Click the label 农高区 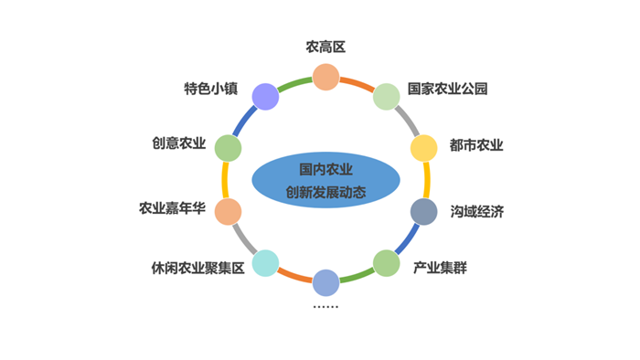coord(325,47)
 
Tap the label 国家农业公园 coord(448,89)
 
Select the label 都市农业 coord(476,145)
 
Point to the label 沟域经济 coord(476,212)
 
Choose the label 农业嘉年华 coord(172,209)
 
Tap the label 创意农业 coord(179,144)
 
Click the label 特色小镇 coord(211,89)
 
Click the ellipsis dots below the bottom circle coord(325,307)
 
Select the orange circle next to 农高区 coord(325,77)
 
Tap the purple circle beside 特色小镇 coord(265,96)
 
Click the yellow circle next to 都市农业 coord(424,148)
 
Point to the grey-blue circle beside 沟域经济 coord(423,212)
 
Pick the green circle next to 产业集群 coord(387,263)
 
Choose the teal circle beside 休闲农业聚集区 coord(265,263)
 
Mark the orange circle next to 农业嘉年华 coord(228,212)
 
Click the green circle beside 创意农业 coord(228,148)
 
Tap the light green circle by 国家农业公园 coord(387,96)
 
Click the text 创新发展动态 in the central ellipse coord(325,194)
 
